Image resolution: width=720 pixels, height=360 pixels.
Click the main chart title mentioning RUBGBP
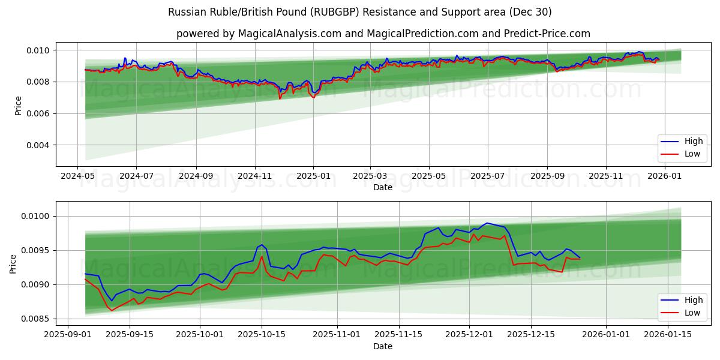tap(359, 12)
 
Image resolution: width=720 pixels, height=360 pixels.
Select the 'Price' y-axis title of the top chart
tap(18, 106)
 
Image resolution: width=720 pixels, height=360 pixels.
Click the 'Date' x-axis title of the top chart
tap(383, 187)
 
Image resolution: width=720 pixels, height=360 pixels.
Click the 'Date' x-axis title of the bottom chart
tap(383, 346)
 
